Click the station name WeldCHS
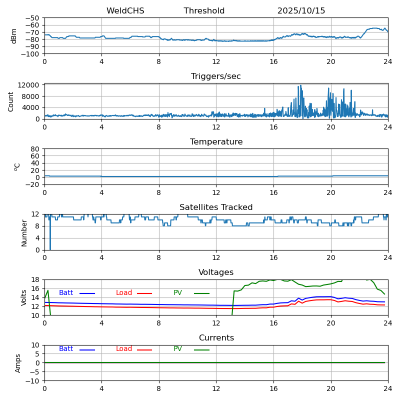click(x=125, y=11)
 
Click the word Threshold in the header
click(x=204, y=11)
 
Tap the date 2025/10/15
click(x=301, y=11)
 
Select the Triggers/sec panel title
click(x=216, y=76)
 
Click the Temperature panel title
click(x=216, y=142)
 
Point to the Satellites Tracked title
click(x=216, y=207)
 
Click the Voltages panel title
click(x=216, y=272)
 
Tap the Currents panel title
click(x=216, y=338)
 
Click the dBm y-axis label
click(x=14, y=35)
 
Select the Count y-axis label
click(x=11, y=101)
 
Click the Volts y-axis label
click(x=24, y=297)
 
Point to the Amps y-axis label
click(x=18, y=363)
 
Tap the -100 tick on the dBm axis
click(x=31, y=54)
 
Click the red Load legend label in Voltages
click(x=124, y=293)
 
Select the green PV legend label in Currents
click(x=177, y=349)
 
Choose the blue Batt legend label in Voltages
click(x=66, y=293)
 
